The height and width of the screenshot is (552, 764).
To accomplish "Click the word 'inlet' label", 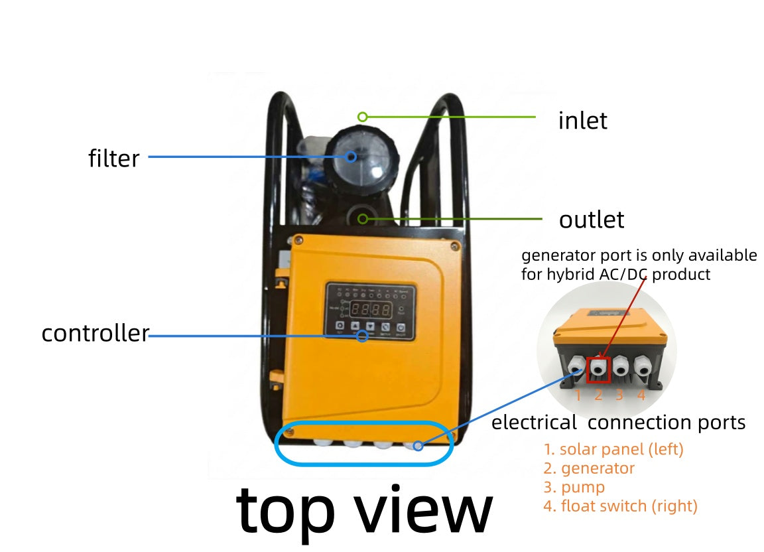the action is point(582,121).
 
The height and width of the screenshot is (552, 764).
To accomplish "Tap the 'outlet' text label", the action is point(592,220).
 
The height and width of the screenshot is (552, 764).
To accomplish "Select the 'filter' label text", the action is point(113,158).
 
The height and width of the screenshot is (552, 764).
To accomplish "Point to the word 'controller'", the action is point(95,333).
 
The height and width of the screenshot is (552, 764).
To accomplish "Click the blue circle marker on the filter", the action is point(351,157).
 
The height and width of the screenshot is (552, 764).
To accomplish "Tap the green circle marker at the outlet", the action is point(363,219).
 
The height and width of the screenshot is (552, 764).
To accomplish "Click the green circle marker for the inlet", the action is point(362,117).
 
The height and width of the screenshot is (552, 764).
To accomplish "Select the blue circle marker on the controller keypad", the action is point(362,336).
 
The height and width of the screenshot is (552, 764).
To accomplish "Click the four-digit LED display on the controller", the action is point(371,309).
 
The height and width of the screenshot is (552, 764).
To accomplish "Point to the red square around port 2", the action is point(598,370).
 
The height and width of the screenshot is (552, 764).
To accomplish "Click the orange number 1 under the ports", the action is point(578,395).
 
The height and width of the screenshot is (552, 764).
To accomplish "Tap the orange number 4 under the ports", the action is point(641,395).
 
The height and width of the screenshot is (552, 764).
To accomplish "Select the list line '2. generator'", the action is point(589,468).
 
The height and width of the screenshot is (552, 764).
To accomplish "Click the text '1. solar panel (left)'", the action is point(613,449).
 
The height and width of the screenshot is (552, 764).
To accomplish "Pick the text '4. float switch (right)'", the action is point(620,506).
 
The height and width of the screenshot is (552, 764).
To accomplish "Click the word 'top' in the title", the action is point(286,512).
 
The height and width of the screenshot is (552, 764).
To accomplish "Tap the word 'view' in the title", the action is point(423,509).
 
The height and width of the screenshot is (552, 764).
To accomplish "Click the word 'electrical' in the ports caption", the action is point(534,422).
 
